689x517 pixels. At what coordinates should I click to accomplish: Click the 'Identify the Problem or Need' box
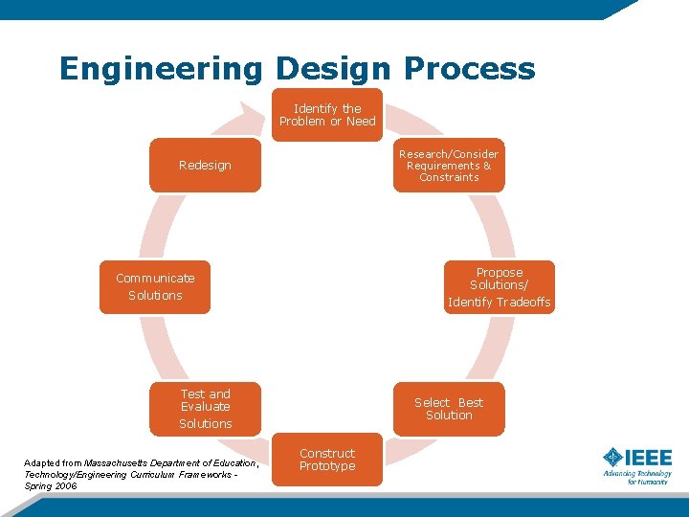(327, 115)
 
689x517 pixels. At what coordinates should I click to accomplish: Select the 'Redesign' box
(205, 166)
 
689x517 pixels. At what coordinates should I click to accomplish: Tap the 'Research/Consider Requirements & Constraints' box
(449, 166)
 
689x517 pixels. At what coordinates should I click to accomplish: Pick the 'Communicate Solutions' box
(155, 286)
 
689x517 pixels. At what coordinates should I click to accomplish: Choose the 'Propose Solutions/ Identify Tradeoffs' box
(499, 287)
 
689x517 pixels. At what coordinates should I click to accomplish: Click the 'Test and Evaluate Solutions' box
(206, 409)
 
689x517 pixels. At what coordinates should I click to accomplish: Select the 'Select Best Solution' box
(449, 409)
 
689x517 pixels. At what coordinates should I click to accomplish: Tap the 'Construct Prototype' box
(327, 460)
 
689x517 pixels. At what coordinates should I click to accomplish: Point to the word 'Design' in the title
(334, 69)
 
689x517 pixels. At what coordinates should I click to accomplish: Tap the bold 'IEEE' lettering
(650, 457)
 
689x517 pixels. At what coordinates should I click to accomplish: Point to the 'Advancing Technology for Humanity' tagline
(637, 477)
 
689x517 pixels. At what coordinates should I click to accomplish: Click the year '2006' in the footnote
(65, 486)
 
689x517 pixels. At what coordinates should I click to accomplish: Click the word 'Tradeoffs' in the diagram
(524, 303)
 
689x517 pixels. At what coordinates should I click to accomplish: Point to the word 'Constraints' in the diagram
(449, 177)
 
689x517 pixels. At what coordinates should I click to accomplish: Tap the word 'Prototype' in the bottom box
(327, 466)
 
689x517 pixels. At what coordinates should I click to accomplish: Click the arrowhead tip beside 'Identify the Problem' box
(264, 112)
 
